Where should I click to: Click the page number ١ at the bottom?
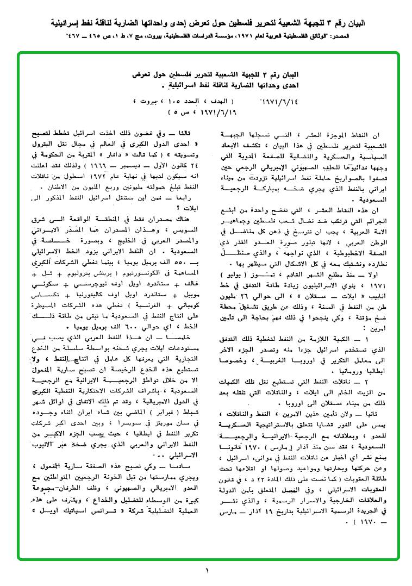point(207,570)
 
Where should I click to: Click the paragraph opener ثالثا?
point(191,132)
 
